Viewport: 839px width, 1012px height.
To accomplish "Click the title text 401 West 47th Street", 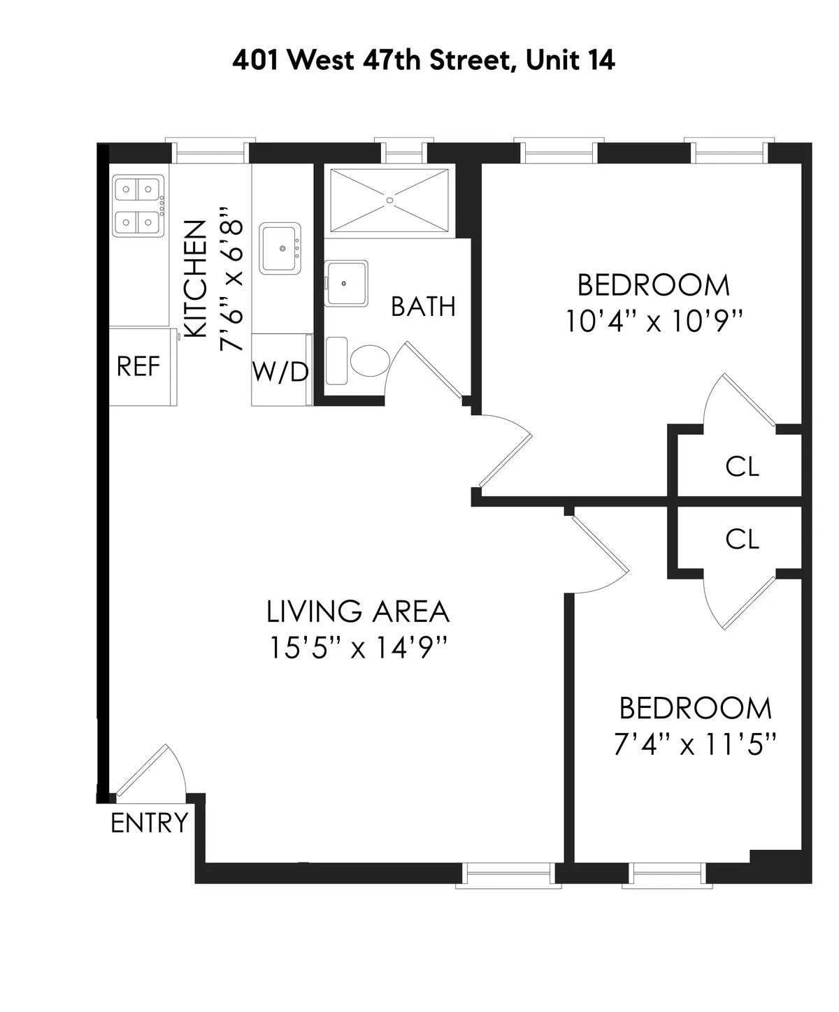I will coord(423,60).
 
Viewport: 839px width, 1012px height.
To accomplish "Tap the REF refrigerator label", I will coord(138,366).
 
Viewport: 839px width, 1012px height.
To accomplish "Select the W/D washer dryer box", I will coord(280,372).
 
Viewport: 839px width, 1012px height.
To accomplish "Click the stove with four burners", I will coord(138,205).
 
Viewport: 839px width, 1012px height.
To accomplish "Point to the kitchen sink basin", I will coord(281,248).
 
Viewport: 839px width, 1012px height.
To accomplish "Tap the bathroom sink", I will coord(347,283).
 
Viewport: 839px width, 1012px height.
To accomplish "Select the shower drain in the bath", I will coord(390,199).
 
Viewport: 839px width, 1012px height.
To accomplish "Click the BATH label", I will coord(423,306).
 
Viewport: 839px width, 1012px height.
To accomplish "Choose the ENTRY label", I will coord(150,823).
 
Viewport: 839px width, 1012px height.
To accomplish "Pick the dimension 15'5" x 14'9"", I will coord(358,649).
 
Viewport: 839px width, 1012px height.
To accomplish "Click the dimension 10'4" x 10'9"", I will coord(653,321).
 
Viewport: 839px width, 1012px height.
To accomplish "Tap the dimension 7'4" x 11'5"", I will coord(695,744).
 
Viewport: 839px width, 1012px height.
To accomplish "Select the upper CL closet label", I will coord(742,466).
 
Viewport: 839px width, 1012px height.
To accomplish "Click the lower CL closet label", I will coord(742,539).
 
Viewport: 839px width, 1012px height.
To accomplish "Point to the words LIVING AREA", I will coord(358,612).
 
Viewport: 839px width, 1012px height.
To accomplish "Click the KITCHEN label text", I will coord(195,280).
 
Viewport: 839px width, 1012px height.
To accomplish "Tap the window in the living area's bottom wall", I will coord(508,874).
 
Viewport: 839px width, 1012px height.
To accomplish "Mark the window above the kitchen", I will coord(210,152).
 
